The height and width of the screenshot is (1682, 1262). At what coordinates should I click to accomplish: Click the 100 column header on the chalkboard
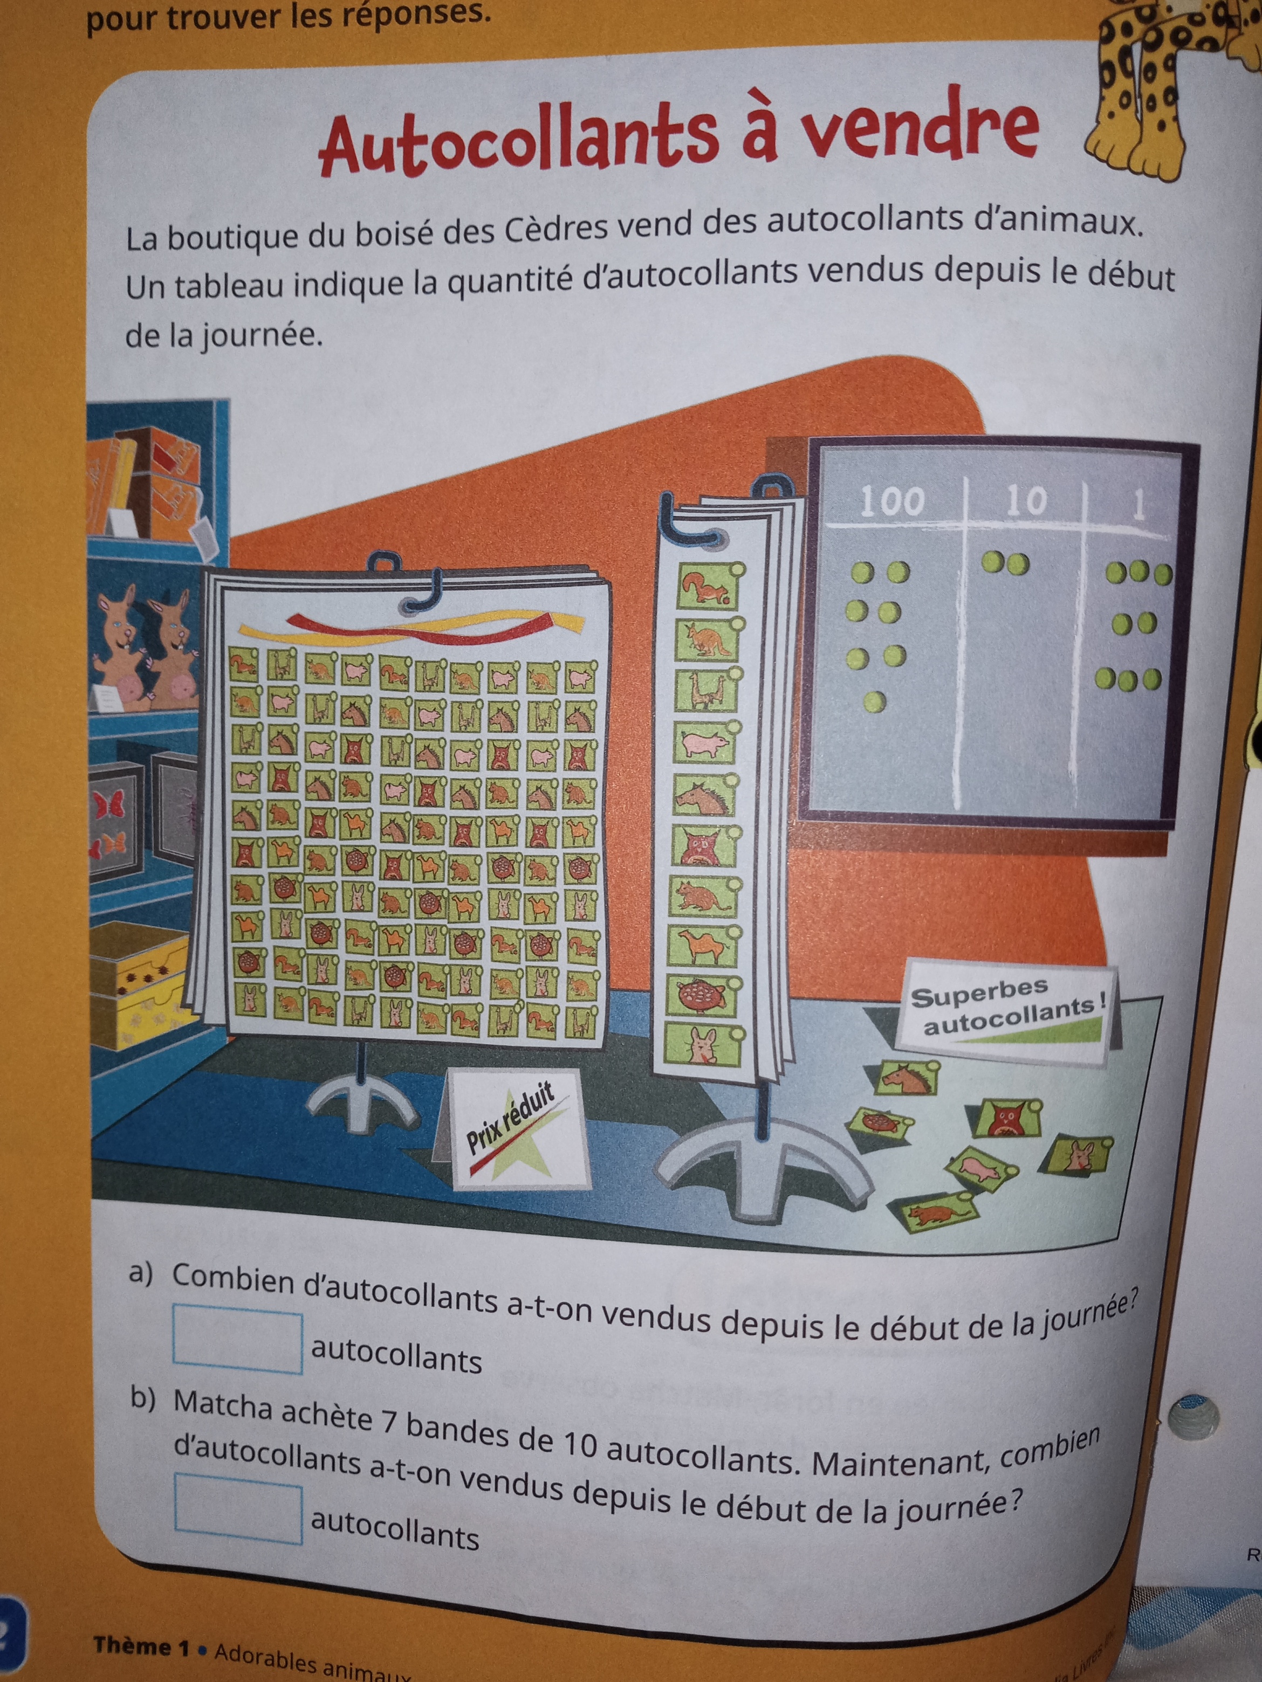(x=891, y=501)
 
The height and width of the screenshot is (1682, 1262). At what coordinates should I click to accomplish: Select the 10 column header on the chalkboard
(x=1027, y=500)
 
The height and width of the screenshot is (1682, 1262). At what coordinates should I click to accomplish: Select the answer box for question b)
(x=238, y=1508)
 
